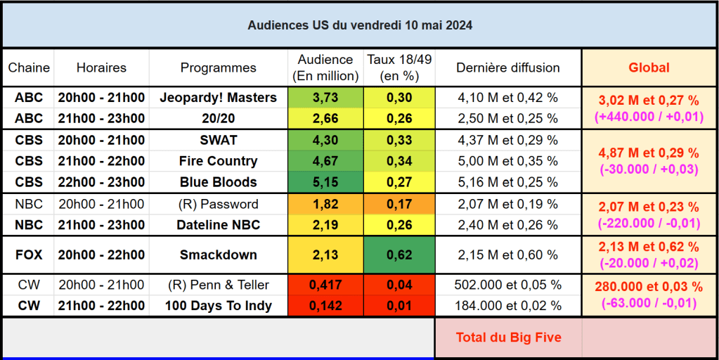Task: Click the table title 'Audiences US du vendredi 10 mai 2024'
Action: point(359,25)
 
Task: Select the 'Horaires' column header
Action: point(101,68)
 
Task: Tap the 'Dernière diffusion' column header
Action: point(507,68)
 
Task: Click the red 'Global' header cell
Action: point(649,68)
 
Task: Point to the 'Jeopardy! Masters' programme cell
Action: point(218,98)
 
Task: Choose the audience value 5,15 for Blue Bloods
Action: point(325,182)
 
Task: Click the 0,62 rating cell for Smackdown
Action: point(399,255)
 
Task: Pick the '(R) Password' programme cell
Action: point(218,205)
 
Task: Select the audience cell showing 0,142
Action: point(325,306)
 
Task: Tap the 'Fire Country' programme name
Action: point(218,161)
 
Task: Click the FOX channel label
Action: point(29,255)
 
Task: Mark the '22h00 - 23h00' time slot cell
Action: point(101,182)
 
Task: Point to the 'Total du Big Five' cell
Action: point(508,337)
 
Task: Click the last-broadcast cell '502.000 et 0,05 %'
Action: point(507,285)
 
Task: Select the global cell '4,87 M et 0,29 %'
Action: point(649,153)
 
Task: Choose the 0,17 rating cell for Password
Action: point(399,205)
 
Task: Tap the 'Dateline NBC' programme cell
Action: point(218,225)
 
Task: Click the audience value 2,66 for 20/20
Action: point(325,118)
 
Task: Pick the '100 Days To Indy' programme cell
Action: point(218,306)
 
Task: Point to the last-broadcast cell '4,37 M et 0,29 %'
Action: point(507,140)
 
